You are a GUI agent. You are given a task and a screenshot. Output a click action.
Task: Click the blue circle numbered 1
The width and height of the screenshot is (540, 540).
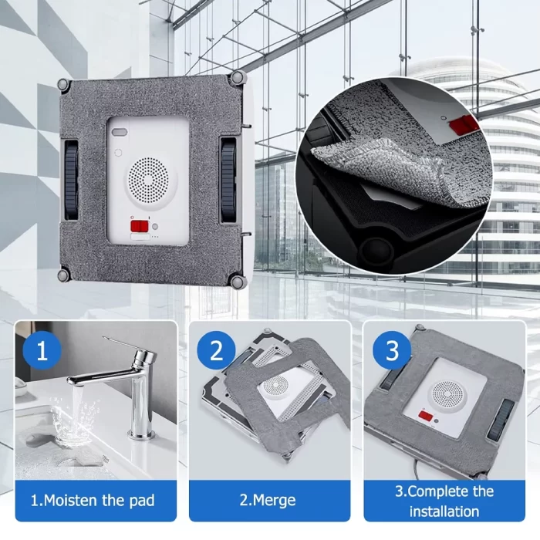[42, 350]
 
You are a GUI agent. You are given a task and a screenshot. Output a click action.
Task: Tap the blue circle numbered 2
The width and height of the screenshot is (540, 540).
[216, 350]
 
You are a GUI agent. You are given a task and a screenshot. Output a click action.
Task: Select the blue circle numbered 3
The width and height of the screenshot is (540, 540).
[392, 350]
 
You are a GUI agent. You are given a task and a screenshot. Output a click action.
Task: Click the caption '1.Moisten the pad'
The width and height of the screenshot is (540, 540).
[93, 501]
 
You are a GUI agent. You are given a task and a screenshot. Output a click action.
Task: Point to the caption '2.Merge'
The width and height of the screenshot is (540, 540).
[268, 500]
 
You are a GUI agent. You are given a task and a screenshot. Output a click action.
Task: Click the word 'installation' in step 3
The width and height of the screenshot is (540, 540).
[444, 511]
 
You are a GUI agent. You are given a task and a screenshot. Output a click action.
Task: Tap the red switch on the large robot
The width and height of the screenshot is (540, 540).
[139, 226]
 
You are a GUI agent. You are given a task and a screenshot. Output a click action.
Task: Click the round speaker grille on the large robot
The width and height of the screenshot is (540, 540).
[148, 180]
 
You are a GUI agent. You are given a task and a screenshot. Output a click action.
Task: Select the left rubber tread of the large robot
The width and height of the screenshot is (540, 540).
[71, 180]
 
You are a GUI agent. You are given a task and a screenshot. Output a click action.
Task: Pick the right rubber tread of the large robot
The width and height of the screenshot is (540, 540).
[228, 179]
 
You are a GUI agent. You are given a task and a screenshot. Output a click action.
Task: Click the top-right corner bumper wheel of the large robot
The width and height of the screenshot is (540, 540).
[238, 77]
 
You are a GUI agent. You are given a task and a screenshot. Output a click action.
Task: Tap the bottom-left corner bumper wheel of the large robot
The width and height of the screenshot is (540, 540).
[64, 275]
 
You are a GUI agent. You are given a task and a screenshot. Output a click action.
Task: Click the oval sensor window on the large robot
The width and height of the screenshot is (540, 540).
[120, 132]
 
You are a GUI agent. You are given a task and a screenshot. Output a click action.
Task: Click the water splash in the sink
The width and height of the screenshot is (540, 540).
[73, 422]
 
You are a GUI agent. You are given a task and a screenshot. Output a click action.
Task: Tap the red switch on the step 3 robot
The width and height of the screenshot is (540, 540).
[426, 415]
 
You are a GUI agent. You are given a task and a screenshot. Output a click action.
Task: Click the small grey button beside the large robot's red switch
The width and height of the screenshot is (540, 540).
[155, 227]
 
